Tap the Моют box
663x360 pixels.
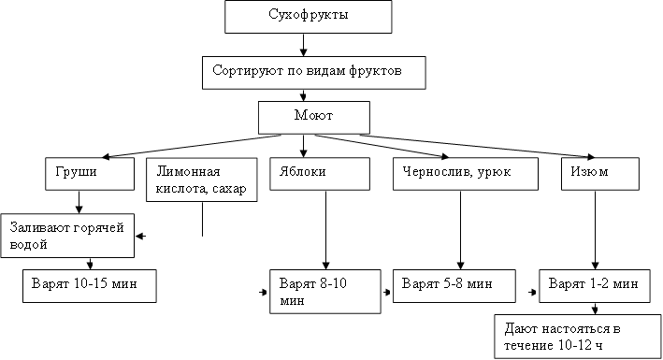[x=314, y=116]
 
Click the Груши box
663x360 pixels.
[x=78, y=174]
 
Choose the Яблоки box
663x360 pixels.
[x=324, y=174]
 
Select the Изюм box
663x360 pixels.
[x=599, y=174]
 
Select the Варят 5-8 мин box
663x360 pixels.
[x=455, y=284]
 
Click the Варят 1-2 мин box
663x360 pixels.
[x=594, y=284]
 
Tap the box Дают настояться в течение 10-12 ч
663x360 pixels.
[x=575, y=337]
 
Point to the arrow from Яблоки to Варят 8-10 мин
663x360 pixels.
[x=324, y=229]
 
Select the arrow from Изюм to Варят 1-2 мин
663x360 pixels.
[x=596, y=229]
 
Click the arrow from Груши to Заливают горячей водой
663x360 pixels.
[x=79, y=201]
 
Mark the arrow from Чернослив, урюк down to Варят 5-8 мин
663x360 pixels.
[x=459, y=229]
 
